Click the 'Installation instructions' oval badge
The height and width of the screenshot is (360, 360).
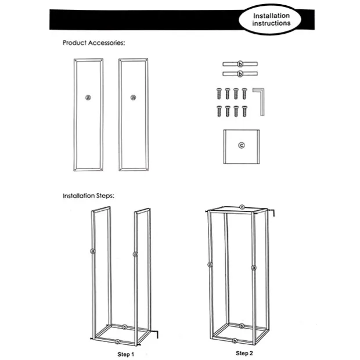270,20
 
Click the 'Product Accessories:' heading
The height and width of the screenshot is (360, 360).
93,43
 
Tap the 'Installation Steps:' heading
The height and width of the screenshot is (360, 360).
88,196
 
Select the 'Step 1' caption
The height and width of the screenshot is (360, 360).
125,354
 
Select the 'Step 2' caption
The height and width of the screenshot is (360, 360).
244,353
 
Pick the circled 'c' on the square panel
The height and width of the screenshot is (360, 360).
242,145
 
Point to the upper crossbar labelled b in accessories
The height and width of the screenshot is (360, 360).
240,64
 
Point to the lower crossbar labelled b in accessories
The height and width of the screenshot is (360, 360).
240,74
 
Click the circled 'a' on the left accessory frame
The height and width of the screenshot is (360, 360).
88,98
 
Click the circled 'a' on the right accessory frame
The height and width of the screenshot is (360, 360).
133,98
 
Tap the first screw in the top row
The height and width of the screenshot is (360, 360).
219,93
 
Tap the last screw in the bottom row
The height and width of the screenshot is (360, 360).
244,111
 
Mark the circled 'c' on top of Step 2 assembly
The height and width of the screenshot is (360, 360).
242,207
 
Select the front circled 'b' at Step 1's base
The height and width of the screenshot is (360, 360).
117,341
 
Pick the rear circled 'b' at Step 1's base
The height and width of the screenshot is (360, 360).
124,327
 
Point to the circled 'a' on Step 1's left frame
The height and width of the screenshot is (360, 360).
93,251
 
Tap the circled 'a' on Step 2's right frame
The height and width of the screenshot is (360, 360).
254,268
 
